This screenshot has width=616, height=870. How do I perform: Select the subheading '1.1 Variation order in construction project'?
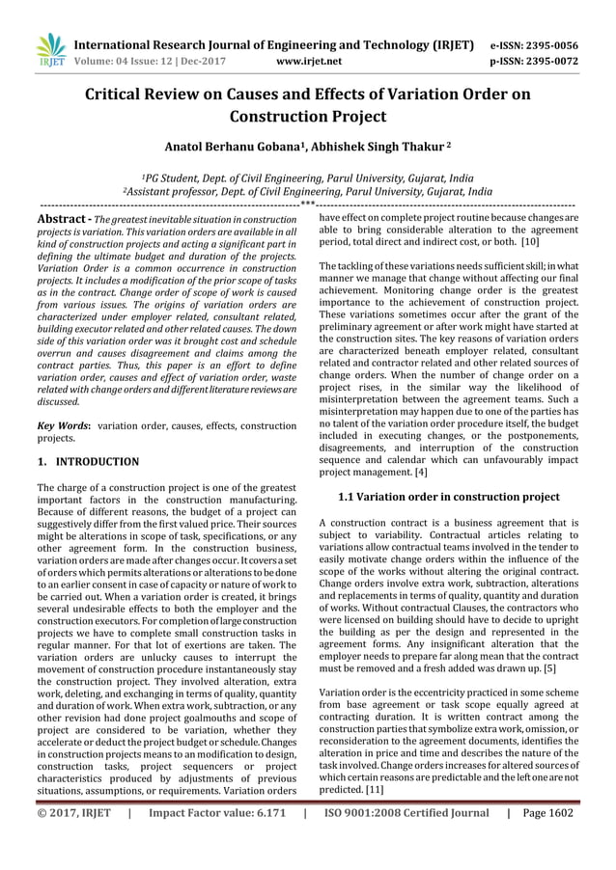(x=448, y=497)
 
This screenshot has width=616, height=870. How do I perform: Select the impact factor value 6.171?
(x=262, y=813)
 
